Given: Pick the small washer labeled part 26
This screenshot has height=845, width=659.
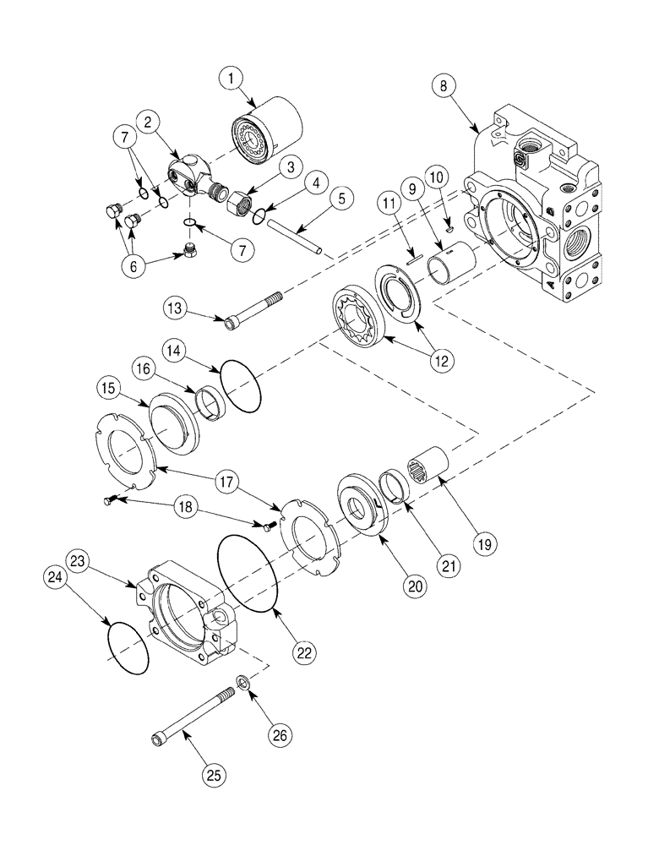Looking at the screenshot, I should point(242,682).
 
